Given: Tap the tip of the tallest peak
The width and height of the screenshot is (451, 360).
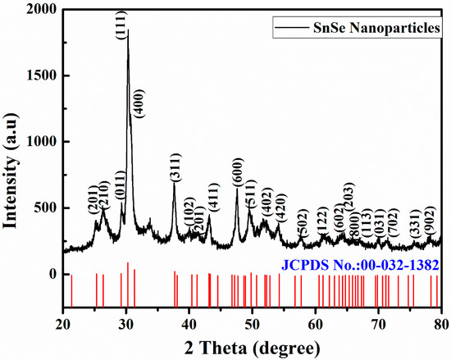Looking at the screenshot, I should click(x=128, y=31).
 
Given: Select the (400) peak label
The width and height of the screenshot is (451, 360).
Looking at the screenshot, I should click(x=140, y=102).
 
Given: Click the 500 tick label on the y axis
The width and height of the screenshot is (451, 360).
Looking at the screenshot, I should click(x=50, y=207).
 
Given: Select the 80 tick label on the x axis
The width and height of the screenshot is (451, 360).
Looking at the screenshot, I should click(x=440, y=321).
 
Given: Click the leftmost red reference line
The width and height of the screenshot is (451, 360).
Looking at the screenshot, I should click(x=71, y=289).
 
